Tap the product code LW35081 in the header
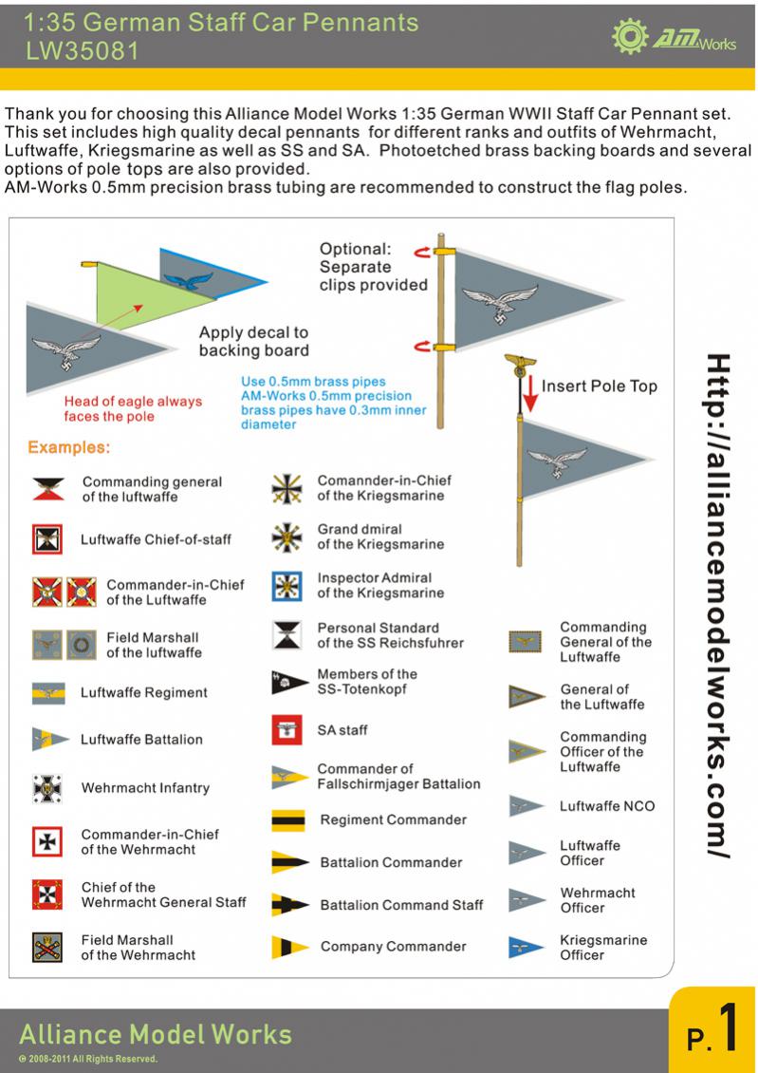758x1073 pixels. pos(81,52)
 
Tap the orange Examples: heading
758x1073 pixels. pos(69,446)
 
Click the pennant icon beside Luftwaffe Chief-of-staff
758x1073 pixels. pos(46,539)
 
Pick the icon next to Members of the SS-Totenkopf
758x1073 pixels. pos(286,682)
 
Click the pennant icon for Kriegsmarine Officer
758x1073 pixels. pos(526,948)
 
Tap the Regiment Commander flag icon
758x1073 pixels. pos(287,819)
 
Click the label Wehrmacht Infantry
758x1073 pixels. pos(145,788)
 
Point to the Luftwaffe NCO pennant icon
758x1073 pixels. pos(526,807)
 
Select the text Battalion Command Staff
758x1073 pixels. pos(401,905)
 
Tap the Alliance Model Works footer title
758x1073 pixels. pos(156,1033)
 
